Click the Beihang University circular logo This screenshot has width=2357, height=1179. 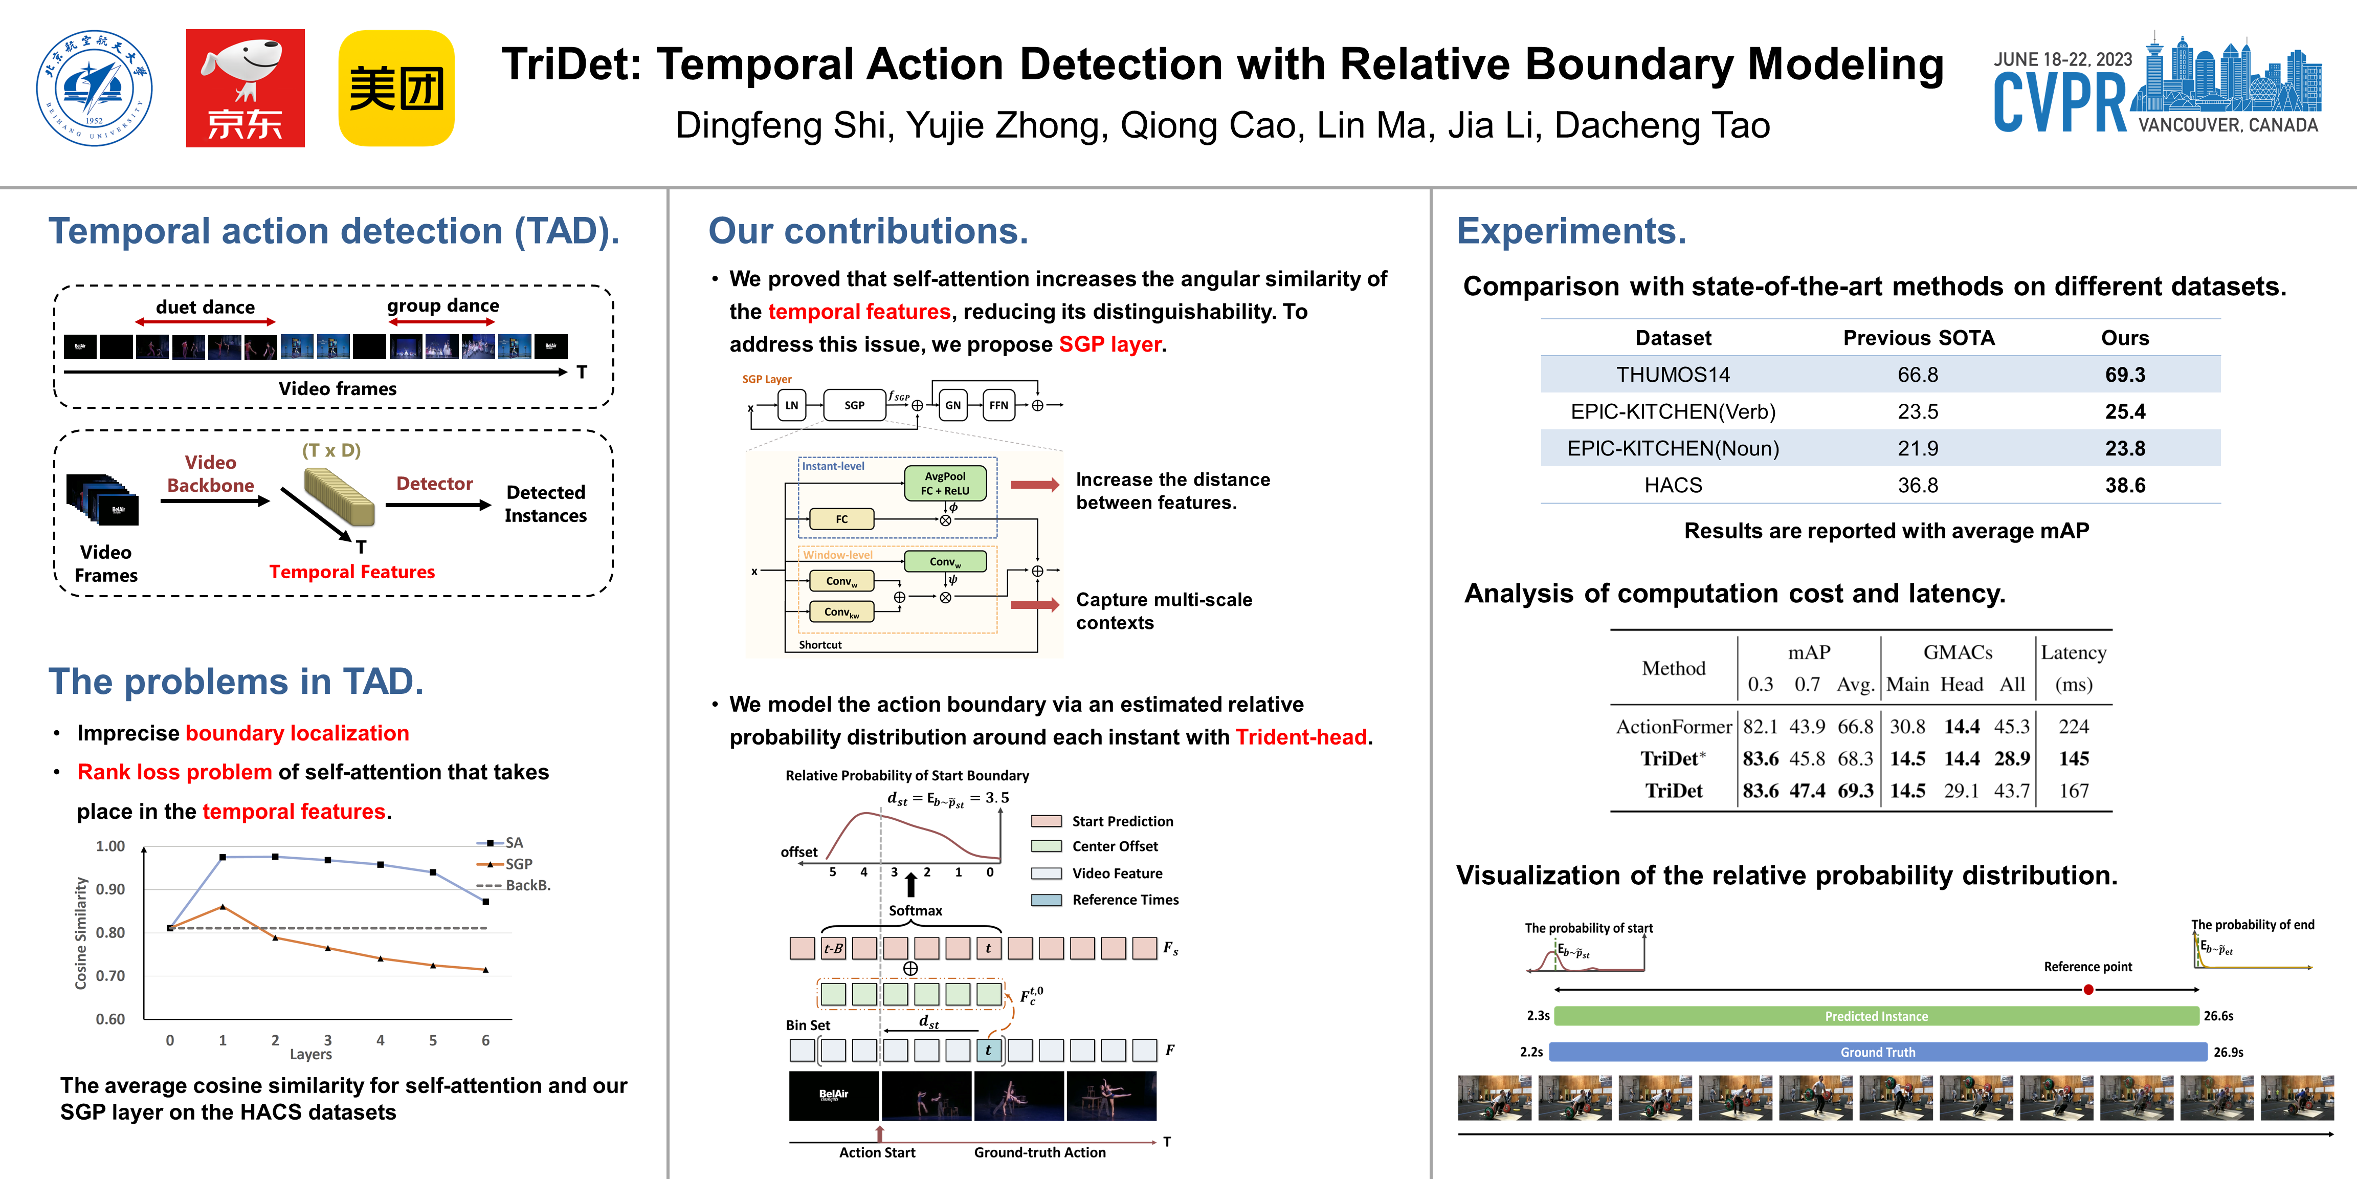[94, 88]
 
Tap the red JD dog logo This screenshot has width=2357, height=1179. [245, 88]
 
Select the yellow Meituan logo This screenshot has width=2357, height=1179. [396, 88]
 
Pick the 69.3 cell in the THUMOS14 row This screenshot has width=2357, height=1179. [2125, 375]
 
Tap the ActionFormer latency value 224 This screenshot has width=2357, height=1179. [2073, 727]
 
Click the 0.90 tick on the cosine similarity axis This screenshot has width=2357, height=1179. [110, 889]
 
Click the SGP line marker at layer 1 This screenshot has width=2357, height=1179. [223, 906]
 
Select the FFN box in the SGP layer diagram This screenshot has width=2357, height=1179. [998, 405]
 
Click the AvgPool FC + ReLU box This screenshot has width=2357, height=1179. [945, 483]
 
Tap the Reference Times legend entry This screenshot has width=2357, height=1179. [1124, 900]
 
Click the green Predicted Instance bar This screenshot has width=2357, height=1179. [1876, 1016]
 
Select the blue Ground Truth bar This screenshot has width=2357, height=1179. [1878, 1052]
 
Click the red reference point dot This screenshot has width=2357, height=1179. [2088, 990]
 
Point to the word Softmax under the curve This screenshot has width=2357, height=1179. [915, 910]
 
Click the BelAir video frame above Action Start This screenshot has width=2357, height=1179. [834, 1096]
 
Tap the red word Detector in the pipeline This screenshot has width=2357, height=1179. [435, 483]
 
